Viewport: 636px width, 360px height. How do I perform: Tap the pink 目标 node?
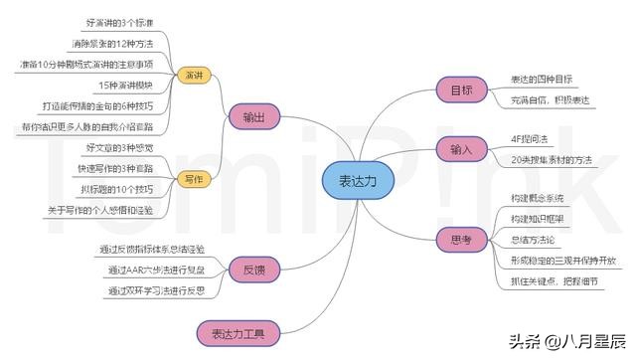coord(461,90)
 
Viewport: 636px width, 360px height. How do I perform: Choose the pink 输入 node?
coord(461,149)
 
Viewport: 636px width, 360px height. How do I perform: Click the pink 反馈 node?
coord(253,269)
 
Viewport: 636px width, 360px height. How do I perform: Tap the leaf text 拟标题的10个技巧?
coord(116,189)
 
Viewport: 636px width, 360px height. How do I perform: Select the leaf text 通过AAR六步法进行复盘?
coord(148,270)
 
